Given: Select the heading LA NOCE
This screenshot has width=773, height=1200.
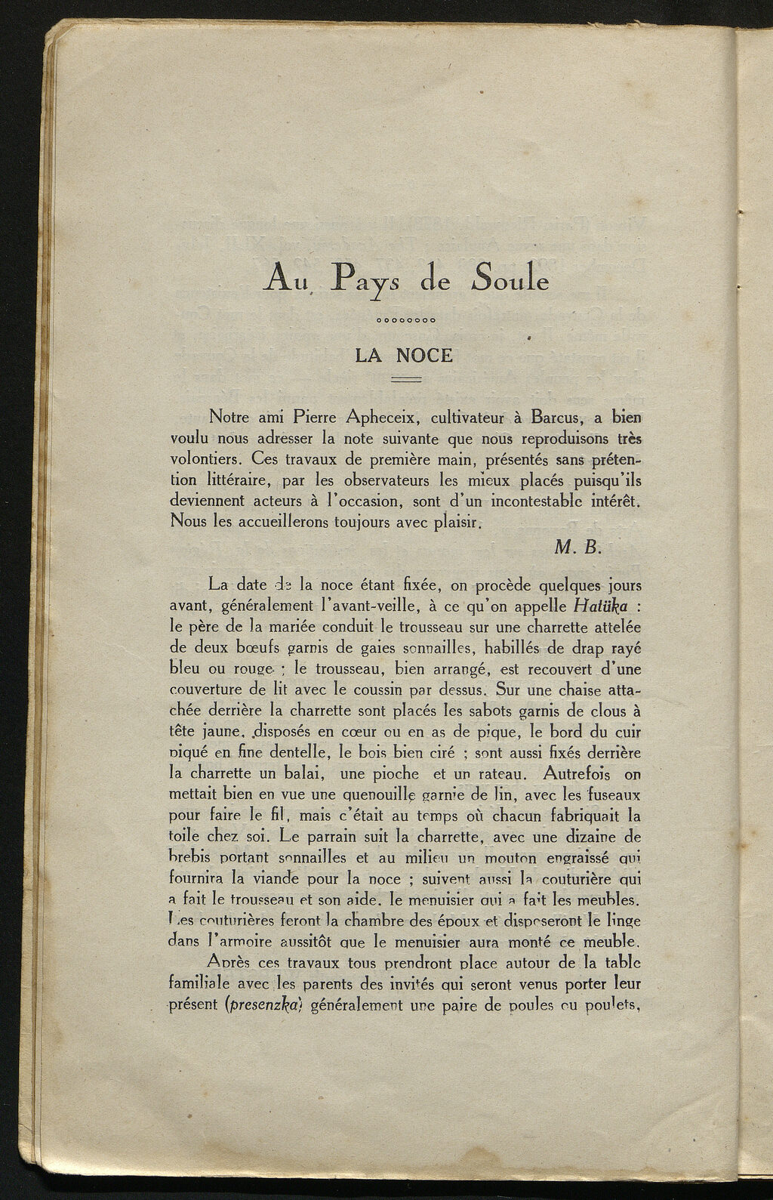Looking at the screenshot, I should coord(404,354).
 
